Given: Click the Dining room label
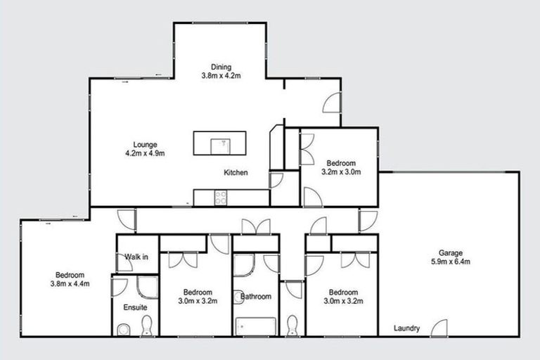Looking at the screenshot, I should point(221,67).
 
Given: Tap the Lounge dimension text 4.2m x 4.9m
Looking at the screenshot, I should point(143,153).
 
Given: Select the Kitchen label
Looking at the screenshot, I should point(236,172).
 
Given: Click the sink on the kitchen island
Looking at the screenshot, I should point(220,143).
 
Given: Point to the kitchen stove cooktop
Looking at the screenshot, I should point(220,198).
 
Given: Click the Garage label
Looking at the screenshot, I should point(449,253).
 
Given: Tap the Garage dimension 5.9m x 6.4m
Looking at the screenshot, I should point(449,262).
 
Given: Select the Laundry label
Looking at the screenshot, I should point(407,328).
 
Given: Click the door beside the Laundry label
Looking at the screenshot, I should point(439,328).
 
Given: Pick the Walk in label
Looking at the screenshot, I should point(136,257).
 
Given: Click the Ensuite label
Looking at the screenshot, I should point(135,307).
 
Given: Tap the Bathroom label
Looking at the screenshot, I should point(255,296).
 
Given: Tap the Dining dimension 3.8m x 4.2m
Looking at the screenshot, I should point(221,77).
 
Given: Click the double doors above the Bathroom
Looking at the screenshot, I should point(255,226).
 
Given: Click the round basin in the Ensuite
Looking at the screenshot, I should point(123,328).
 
